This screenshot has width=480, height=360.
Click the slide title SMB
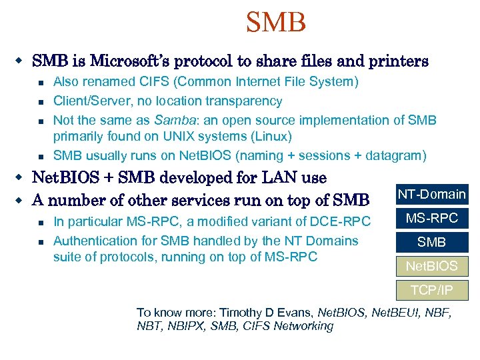275,22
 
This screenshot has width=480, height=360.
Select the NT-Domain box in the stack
431,194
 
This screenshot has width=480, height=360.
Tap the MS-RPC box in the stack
432,218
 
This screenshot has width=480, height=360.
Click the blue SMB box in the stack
431,242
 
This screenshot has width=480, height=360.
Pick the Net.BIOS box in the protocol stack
431,266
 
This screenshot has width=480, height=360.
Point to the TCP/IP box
431,290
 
